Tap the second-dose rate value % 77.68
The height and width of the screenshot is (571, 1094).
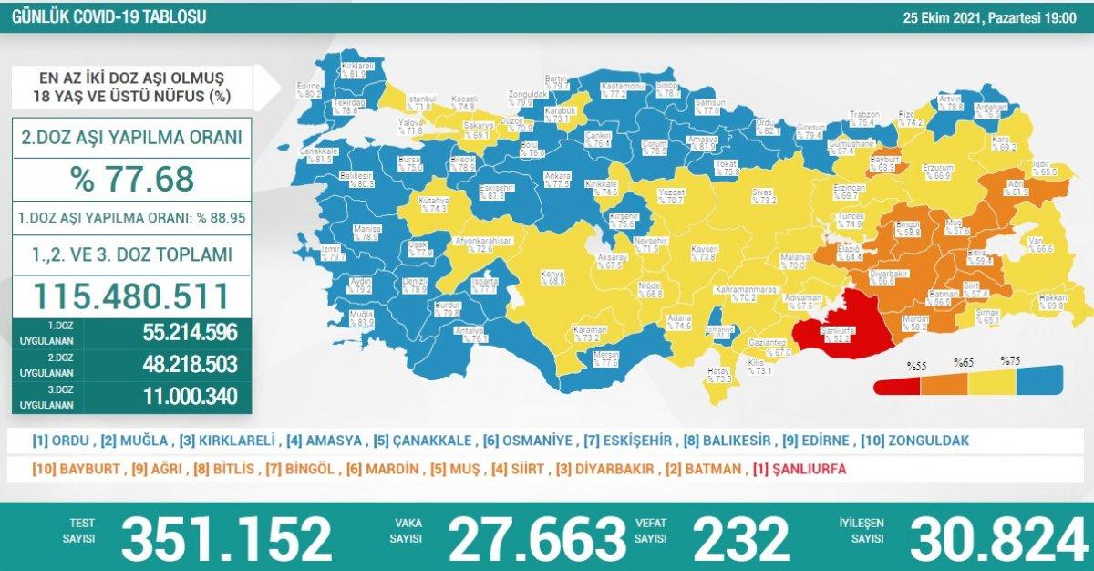click(x=131, y=179)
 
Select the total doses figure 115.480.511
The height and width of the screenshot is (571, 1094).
click(x=129, y=296)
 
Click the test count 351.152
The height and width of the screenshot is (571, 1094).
click(x=227, y=540)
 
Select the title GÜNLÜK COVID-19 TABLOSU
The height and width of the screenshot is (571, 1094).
click(x=108, y=16)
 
